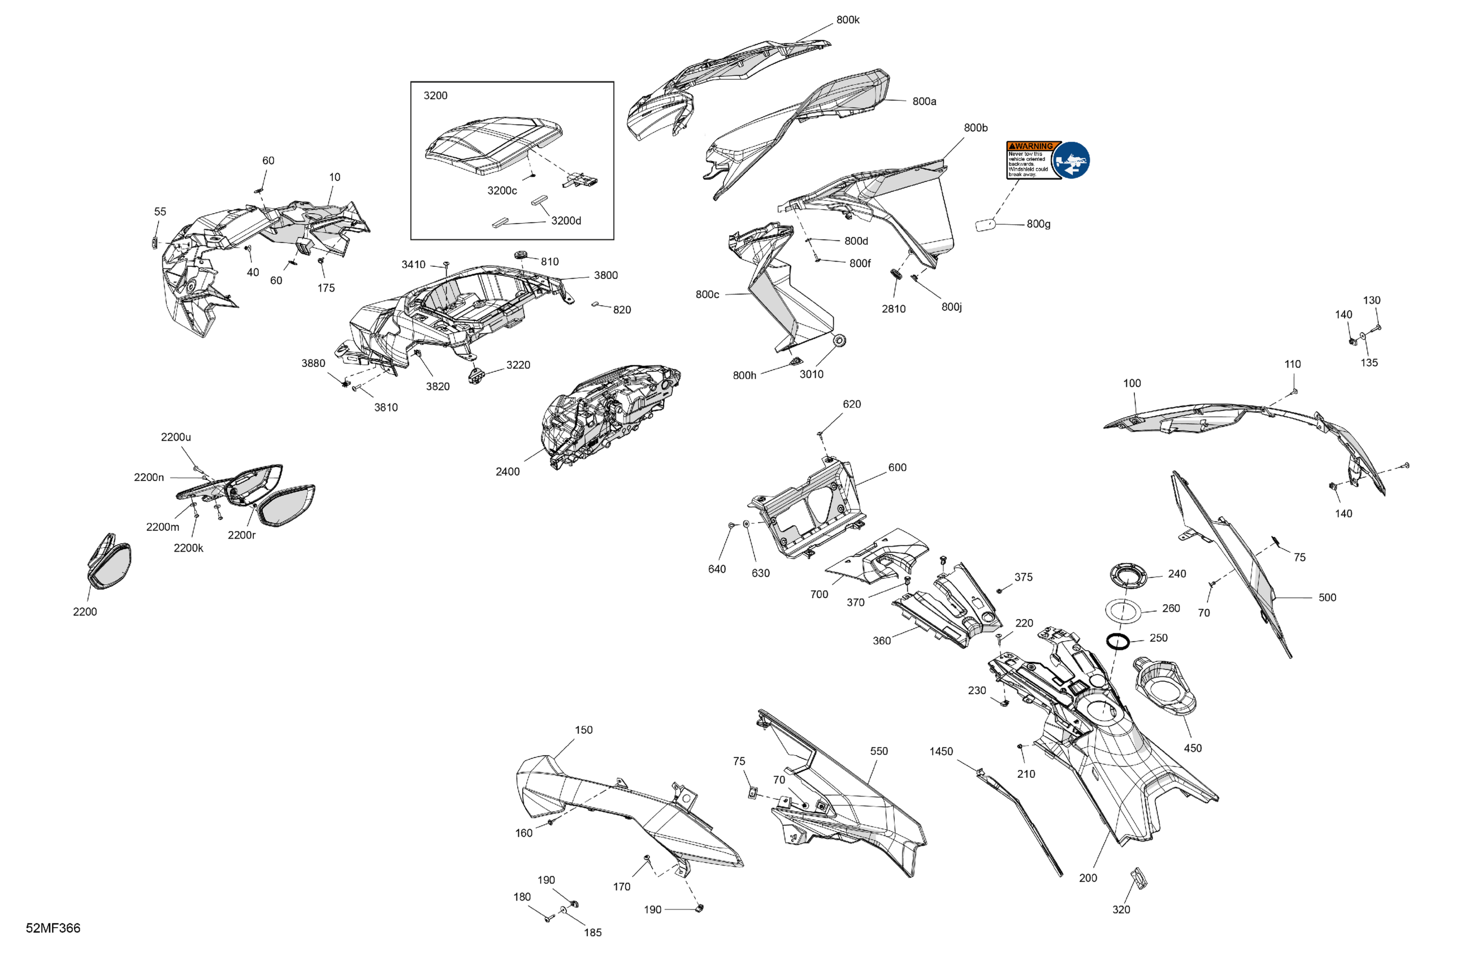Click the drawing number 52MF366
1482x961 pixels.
[53, 928]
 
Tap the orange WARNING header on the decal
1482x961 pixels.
[1033, 146]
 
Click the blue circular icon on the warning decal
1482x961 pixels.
[1071, 160]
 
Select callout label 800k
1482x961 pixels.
[847, 20]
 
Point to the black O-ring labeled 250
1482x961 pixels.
[1118, 640]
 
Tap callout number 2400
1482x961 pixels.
[508, 471]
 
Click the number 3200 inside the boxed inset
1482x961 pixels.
[435, 96]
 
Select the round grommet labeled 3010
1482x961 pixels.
[839, 340]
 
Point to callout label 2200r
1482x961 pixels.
[241, 535]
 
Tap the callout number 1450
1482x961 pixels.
[941, 751]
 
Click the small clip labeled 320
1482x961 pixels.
[1139, 877]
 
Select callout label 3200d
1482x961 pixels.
[566, 220]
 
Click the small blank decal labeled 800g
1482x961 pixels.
[985, 225]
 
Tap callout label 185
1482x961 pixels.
[593, 932]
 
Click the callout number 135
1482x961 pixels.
[1368, 362]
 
